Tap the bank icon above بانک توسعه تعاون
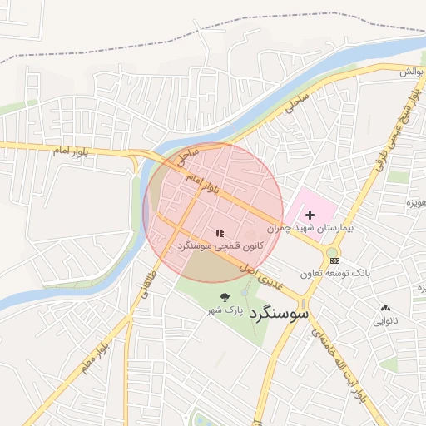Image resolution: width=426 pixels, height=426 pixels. [x=335, y=260]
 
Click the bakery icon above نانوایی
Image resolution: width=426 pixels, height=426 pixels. [x=384, y=309]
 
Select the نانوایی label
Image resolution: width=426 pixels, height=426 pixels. [x=384, y=320]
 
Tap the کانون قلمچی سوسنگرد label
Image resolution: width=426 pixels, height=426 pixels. [x=220, y=246]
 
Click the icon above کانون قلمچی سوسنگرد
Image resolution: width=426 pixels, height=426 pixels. [x=220, y=234]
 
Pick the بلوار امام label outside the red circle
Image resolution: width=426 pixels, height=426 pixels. [x=71, y=151]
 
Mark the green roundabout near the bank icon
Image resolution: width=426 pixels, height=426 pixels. [x=332, y=252]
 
